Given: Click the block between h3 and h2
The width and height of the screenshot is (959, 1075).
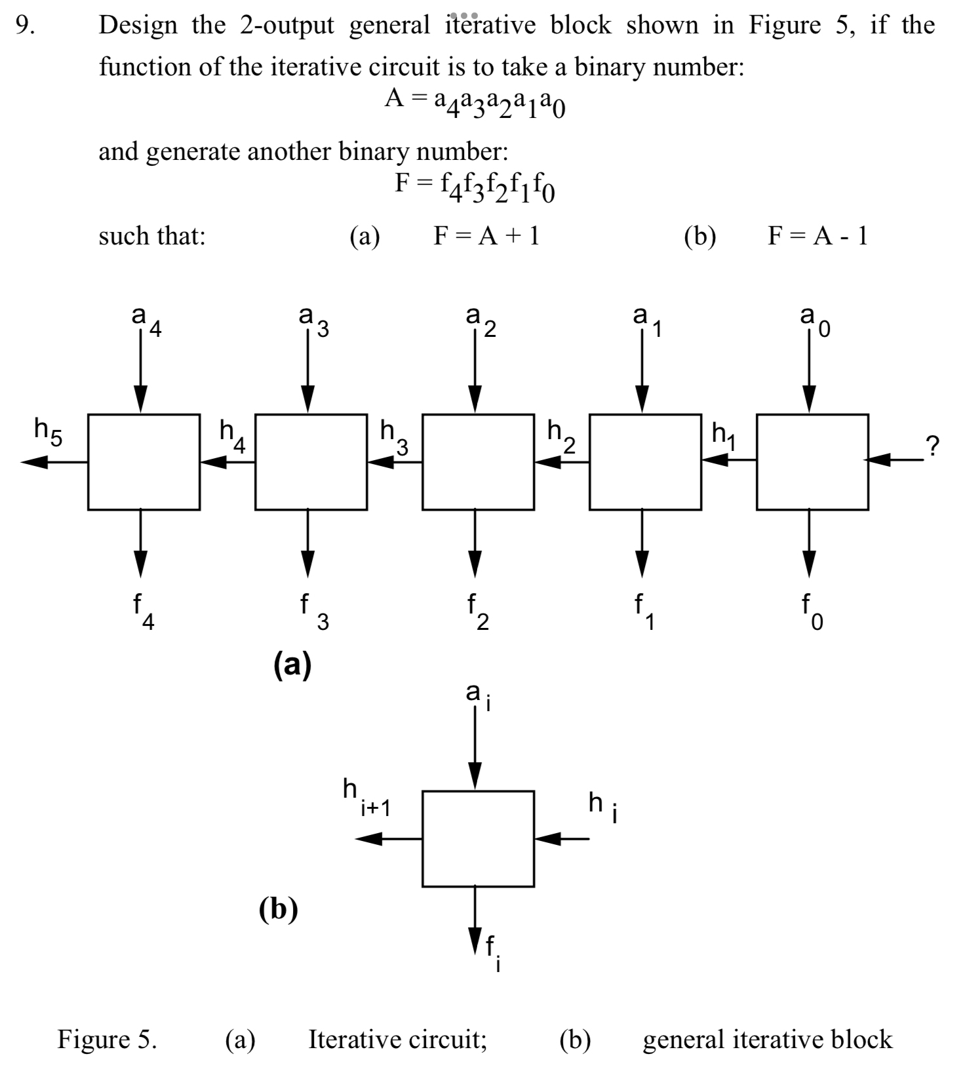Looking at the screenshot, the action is tap(478, 462).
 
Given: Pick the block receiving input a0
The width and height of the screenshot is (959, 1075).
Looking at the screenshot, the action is tap(812, 462).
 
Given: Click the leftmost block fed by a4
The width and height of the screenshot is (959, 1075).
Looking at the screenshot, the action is tap(144, 462).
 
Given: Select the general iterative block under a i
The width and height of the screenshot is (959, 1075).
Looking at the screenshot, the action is tap(478, 839).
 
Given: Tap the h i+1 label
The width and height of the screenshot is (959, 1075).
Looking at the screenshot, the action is tap(366, 798).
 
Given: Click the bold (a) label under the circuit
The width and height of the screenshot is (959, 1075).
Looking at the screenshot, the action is tap(292, 665).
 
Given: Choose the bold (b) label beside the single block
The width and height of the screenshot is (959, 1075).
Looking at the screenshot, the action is tap(278, 909).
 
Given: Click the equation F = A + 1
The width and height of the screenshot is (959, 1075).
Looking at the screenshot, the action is tap(486, 235).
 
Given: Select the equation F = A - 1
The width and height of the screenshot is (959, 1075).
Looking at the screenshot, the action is tap(817, 235).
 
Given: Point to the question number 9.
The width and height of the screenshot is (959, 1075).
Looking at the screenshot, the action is tap(24, 25).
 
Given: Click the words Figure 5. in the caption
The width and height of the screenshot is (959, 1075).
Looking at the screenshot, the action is tap(108, 1039).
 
